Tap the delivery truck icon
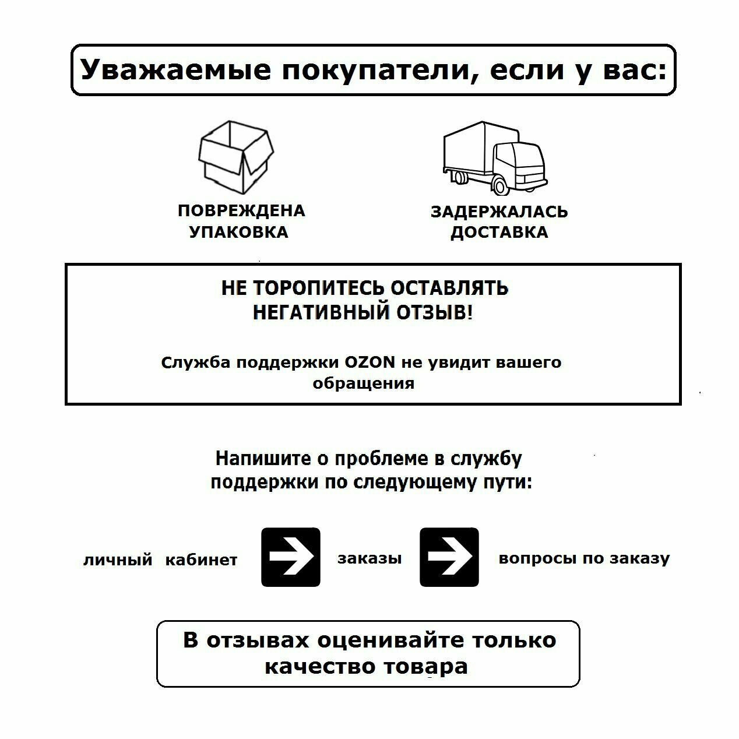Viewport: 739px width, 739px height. pyautogui.click(x=495, y=158)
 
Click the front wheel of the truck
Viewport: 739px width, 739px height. pyautogui.click(x=499, y=186)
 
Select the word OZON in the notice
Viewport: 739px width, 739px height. pyautogui.click(x=371, y=363)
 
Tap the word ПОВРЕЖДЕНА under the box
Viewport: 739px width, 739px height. pyautogui.click(x=241, y=210)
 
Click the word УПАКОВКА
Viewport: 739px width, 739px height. pyautogui.click(x=239, y=232)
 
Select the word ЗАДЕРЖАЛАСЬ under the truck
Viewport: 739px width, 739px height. pyautogui.click(x=499, y=212)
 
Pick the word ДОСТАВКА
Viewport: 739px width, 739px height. pyautogui.click(x=499, y=232)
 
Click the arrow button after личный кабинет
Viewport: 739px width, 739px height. pyautogui.click(x=290, y=557)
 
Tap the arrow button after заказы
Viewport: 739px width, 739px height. pyautogui.click(x=449, y=557)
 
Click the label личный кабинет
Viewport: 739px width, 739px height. pyautogui.click(x=160, y=560)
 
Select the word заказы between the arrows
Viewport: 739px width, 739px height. pyautogui.click(x=369, y=558)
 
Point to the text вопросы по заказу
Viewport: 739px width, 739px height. pyautogui.click(x=584, y=558)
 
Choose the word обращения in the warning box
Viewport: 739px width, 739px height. pyautogui.click(x=364, y=383)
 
